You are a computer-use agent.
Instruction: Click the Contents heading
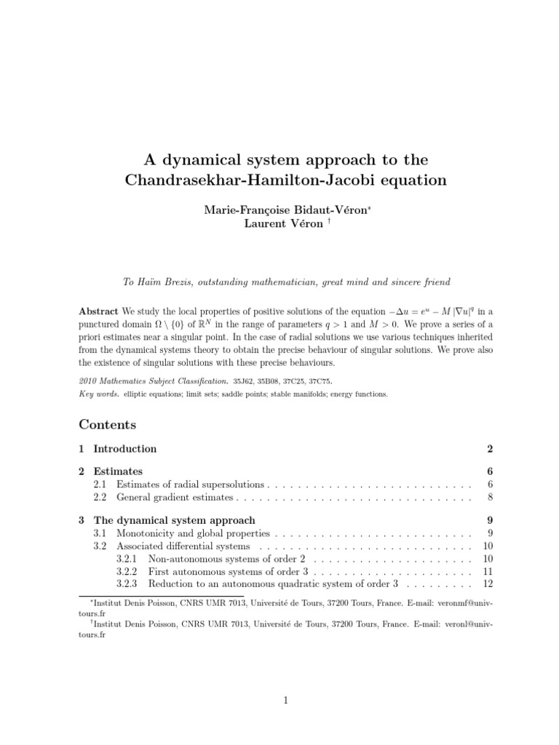coord(107,423)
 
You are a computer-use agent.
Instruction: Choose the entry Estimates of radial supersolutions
coord(192,484)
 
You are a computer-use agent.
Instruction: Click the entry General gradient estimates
coord(175,498)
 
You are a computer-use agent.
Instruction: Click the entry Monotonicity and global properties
coord(194,533)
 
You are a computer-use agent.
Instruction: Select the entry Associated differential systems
coord(183,546)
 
